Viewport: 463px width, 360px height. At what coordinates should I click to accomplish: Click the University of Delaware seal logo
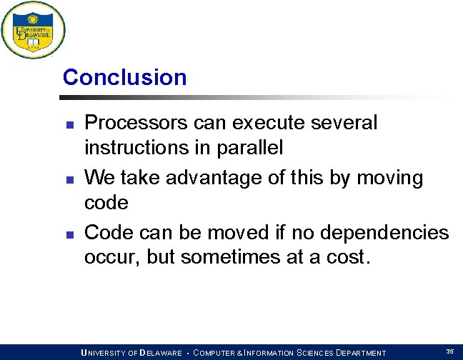pos(33,30)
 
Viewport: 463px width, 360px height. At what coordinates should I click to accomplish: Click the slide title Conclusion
pos(124,77)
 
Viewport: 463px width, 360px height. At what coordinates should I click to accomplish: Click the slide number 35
pos(449,351)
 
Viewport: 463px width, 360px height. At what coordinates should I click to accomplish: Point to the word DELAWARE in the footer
pos(161,353)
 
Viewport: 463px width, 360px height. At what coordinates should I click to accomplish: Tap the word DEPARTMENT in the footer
pos(356,353)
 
